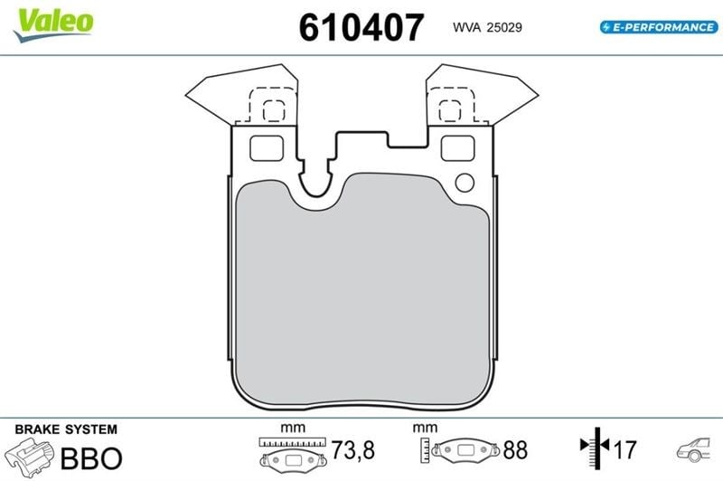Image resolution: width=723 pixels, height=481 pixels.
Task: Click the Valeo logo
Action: click(x=54, y=25)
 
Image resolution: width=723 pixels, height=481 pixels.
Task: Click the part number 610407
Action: click(x=361, y=27)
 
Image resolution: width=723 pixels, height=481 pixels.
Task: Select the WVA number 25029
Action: click(x=504, y=28)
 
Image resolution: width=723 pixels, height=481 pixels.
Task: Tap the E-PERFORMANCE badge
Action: click(x=659, y=27)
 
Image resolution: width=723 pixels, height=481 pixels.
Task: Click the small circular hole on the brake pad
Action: click(x=465, y=183)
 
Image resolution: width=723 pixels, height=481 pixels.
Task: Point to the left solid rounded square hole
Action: click(x=267, y=148)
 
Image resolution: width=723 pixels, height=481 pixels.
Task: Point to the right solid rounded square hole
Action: click(x=457, y=148)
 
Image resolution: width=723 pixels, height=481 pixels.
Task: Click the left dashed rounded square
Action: click(x=274, y=110)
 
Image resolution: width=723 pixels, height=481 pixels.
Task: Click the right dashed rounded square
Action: click(x=449, y=110)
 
